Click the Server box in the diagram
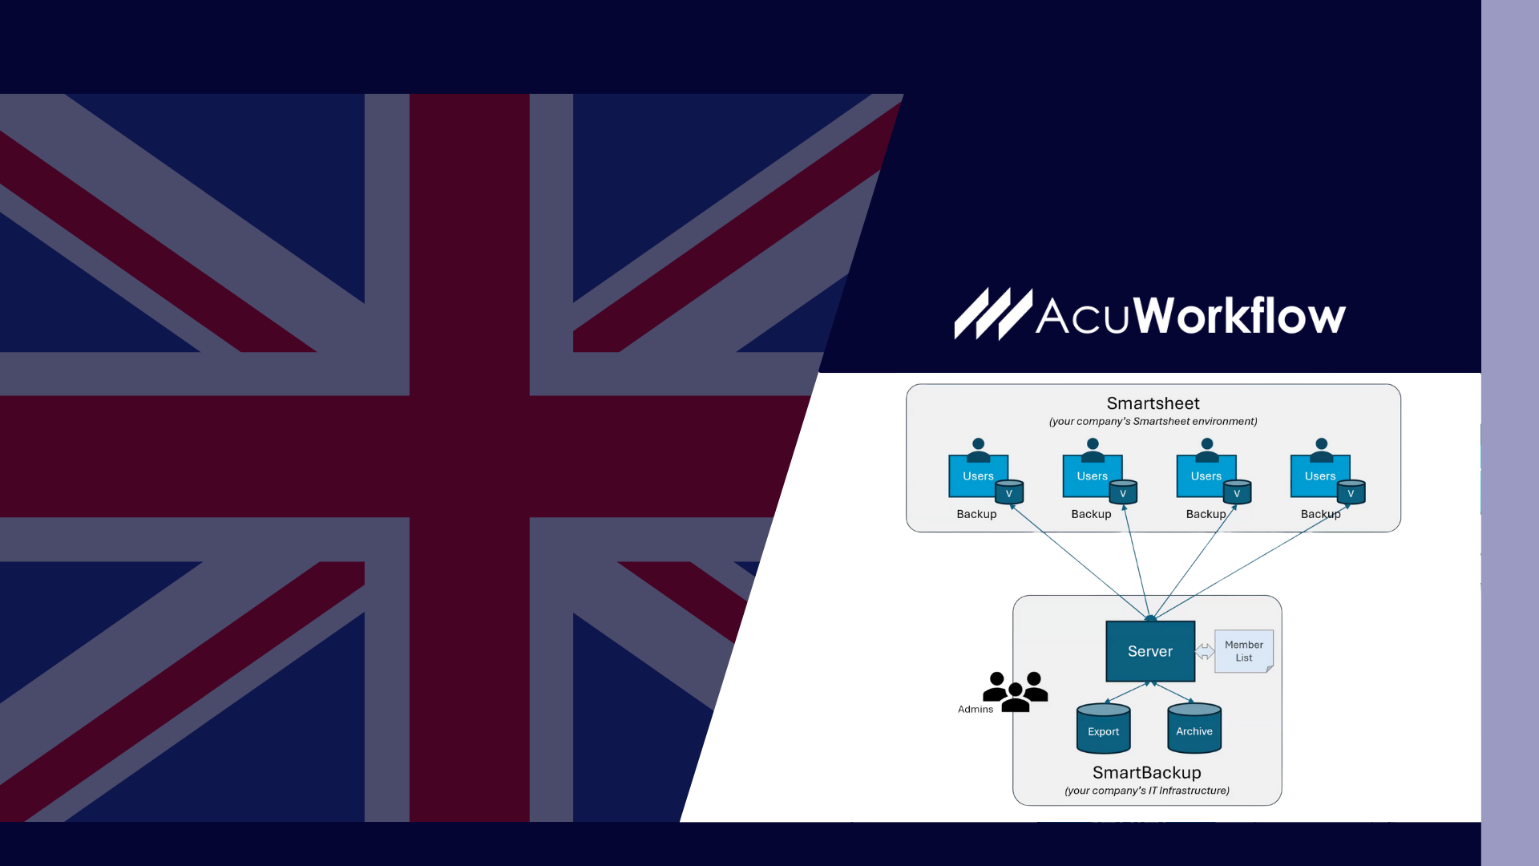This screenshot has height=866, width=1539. (x=1150, y=651)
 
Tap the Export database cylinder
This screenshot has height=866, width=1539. (x=1103, y=729)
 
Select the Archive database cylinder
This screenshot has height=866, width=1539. (x=1194, y=729)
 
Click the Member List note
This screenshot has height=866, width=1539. (x=1243, y=651)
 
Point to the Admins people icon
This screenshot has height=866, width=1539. (x=1016, y=691)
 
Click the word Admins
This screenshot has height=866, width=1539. (x=976, y=710)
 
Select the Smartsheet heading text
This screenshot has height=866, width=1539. (x=1153, y=403)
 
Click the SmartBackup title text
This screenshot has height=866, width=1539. (x=1146, y=772)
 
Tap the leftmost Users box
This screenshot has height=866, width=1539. (x=978, y=475)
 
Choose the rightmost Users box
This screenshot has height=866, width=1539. (x=1319, y=475)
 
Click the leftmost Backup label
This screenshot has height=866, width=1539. (x=976, y=514)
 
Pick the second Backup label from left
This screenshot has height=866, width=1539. (x=1091, y=514)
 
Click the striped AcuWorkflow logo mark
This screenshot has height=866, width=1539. (x=992, y=314)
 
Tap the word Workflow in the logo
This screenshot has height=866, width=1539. (x=1239, y=316)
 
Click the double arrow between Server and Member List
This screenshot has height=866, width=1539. (x=1205, y=651)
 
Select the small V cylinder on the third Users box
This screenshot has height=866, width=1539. (x=1237, y=492)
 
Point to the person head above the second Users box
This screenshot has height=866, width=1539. (x=1093, y=444)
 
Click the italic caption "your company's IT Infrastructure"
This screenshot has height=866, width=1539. (x=1146, y=791)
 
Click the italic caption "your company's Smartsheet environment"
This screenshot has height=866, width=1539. (x=1153, y=422)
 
